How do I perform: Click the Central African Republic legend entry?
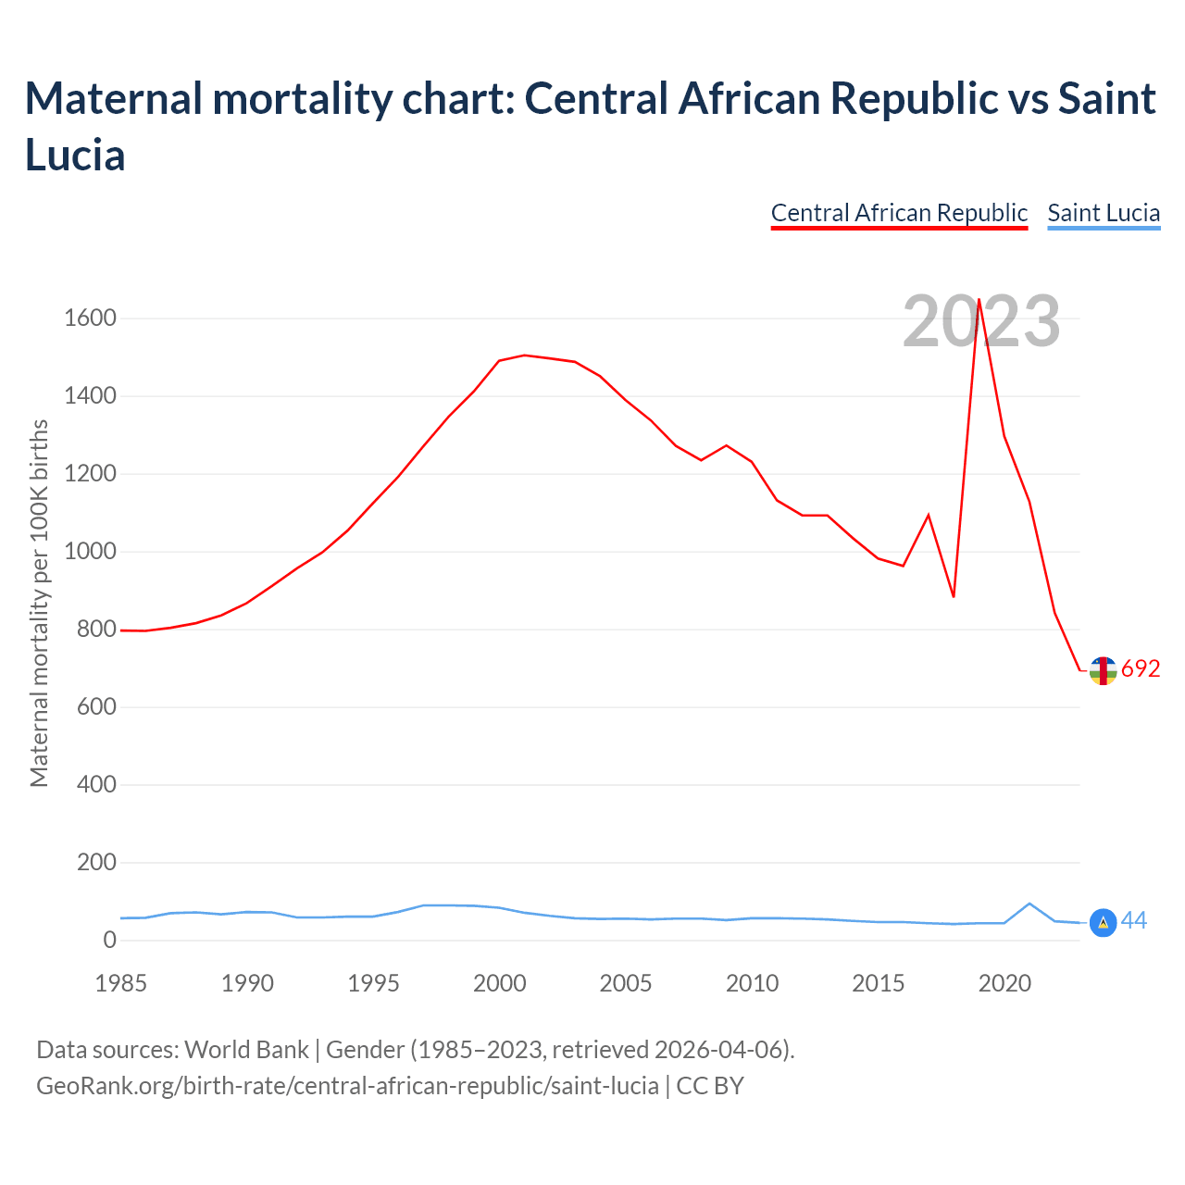click(x=899, y=213)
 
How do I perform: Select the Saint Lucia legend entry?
click(x=1104, y=213)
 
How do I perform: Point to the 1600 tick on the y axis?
click(x=90, y=318)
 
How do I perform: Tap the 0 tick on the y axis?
click(x=110, y=940)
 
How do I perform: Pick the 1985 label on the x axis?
click(x=121, y=983)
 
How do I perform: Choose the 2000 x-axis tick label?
click(x=500, y=983)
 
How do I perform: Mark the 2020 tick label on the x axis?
click(x=1004, y=983)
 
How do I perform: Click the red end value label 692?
click(x=1141, y=668)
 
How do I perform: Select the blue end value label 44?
click(x=1134, y=921)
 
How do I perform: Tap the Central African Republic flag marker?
click(x=1103, y=670)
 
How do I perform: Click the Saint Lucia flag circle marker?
click(x=1103, y=923)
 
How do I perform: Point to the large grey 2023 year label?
click(x=981, y=321)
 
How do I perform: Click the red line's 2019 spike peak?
click(x=979, y=299)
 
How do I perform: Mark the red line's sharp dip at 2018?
click(x=954, y=596)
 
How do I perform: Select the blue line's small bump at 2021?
click(x=1029, y=904)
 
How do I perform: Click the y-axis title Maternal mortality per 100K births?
click(x=39, y=604)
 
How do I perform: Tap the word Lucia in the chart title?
click(x=75, y=155)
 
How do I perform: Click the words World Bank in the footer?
click(x=246, y=1050)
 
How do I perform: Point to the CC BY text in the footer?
click(x=710, y=1085)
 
